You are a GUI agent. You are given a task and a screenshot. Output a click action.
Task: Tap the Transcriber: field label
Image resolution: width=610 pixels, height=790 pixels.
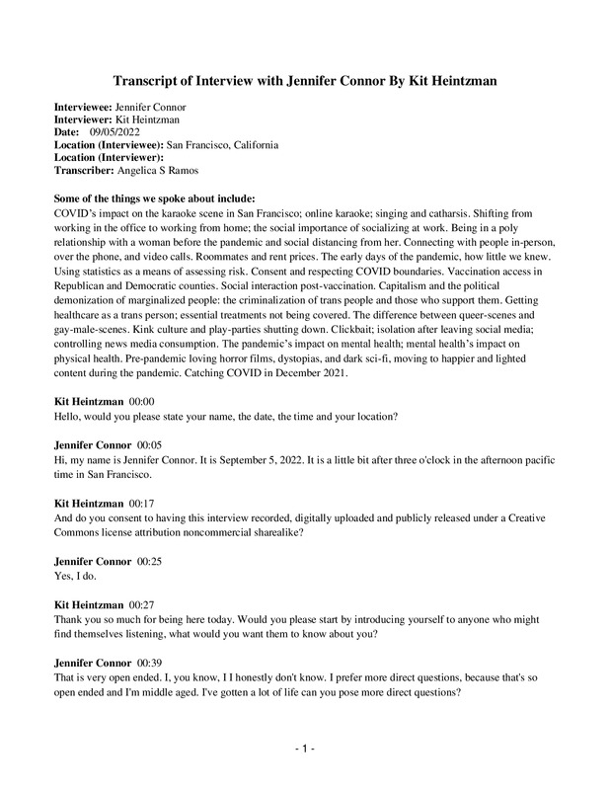point(84,170)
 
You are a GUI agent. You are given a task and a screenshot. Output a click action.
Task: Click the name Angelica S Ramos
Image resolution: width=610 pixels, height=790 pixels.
point(156,170)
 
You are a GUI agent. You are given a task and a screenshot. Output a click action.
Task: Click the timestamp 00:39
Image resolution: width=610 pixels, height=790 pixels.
point(151,654)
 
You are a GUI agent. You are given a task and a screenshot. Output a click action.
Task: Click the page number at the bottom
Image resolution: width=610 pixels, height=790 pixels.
point(305,750)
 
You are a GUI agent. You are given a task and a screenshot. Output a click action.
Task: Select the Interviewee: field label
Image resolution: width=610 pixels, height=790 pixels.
point(83,106)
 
